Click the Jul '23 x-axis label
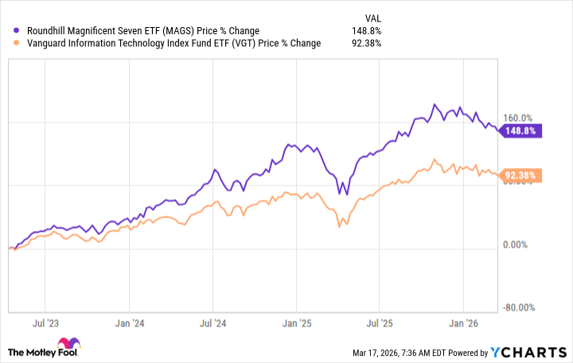(46, 324)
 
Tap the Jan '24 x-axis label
(128, 324)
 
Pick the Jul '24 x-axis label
(211, 324)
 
